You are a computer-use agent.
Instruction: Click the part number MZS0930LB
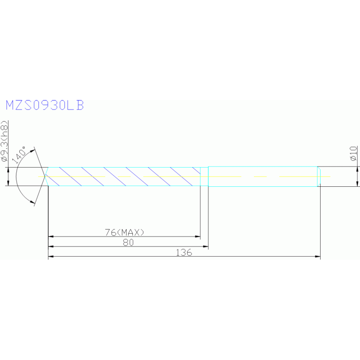tap(45, 105)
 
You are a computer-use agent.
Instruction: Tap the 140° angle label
tap(20, 153)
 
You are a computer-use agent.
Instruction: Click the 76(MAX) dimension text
tap(124, 232)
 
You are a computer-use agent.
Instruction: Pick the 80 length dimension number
tap(128, 242)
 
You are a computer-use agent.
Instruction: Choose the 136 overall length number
tap(184, 252)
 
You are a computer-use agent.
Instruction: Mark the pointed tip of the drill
tap(45, 176)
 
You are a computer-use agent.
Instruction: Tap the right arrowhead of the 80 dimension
tap(205, 246)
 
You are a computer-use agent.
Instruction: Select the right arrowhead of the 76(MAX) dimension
tap(198, 237)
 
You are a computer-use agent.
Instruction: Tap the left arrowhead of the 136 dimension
tap(51, 256)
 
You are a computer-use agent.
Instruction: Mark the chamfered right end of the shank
tap(319, 176)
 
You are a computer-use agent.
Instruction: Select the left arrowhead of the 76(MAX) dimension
tap(51, 237)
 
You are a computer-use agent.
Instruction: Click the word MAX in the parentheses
tap(131, 232)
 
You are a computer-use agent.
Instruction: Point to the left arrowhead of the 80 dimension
tap(51, 246)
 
